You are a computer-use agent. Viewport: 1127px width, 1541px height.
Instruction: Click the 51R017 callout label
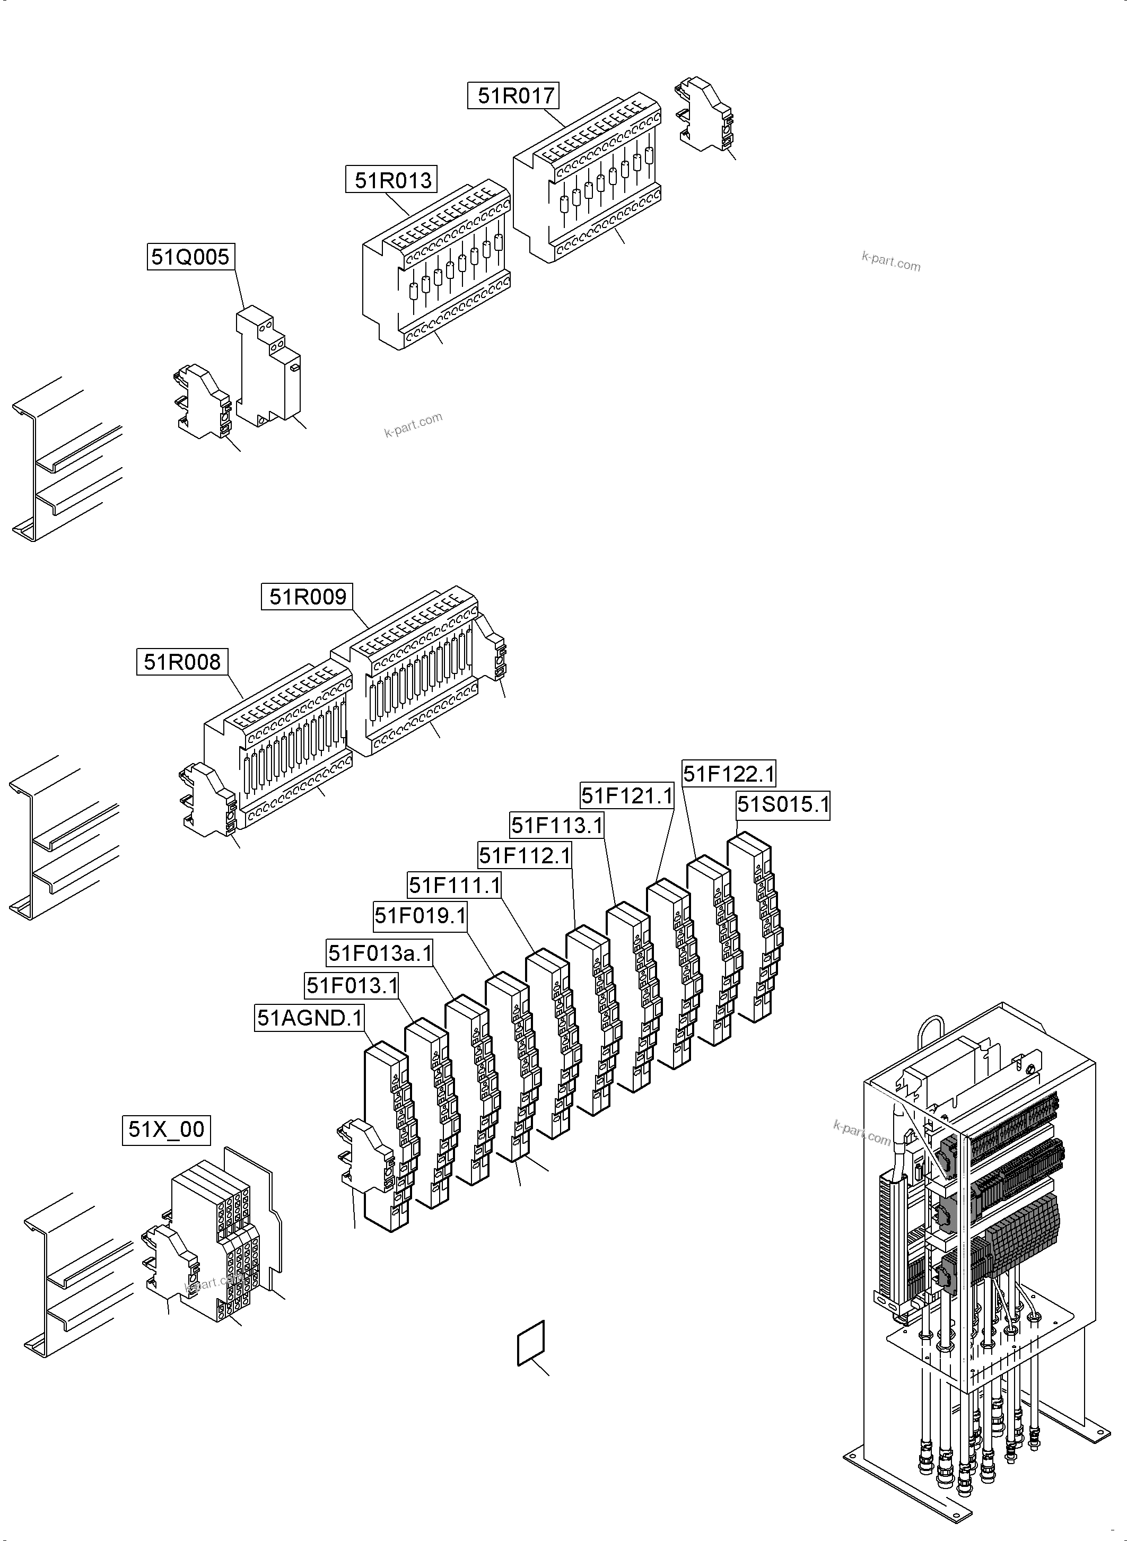[512, 95]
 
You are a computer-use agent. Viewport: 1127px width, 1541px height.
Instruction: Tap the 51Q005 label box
[190, 257]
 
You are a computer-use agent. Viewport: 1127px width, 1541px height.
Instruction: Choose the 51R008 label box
[182, 662]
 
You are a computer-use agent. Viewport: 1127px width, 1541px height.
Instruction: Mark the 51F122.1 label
[729, 774]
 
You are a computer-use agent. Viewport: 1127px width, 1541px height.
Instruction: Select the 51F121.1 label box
[626, 795]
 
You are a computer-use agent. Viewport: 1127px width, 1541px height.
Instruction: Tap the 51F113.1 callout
[557, 826]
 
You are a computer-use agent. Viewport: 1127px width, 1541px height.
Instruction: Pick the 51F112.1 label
[524, 855]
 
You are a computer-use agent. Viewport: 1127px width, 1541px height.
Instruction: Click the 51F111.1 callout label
[455, 886]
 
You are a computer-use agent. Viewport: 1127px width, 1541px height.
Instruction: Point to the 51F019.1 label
[420, 915]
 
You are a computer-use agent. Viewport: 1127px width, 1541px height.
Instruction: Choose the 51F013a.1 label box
[380, 953]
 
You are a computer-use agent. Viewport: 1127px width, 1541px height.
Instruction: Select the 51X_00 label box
[167, 1130]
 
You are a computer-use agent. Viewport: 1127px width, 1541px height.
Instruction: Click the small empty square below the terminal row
[531, 1343]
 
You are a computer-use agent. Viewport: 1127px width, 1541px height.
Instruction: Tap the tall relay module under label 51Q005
[268, 369]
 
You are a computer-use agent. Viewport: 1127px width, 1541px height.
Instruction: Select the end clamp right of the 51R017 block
[705, 116]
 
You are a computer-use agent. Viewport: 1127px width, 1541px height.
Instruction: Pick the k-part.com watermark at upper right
[890, 261]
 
